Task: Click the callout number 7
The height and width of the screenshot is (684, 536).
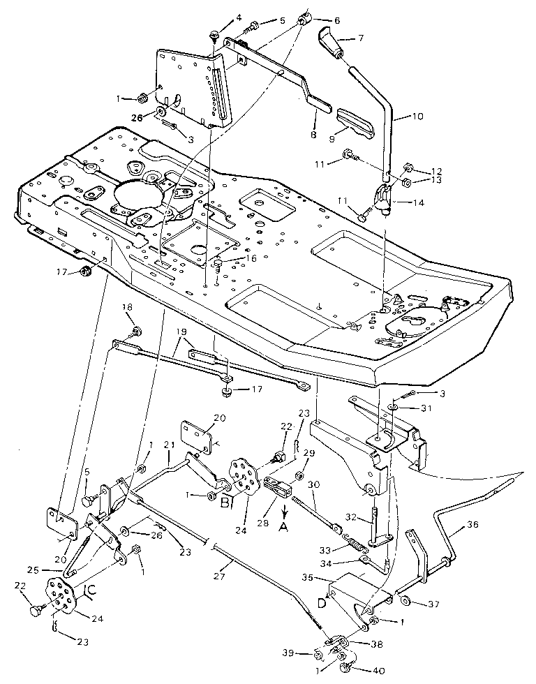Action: click(x=361, y=38)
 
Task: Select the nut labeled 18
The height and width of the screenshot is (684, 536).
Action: click(x=136, y=329)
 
